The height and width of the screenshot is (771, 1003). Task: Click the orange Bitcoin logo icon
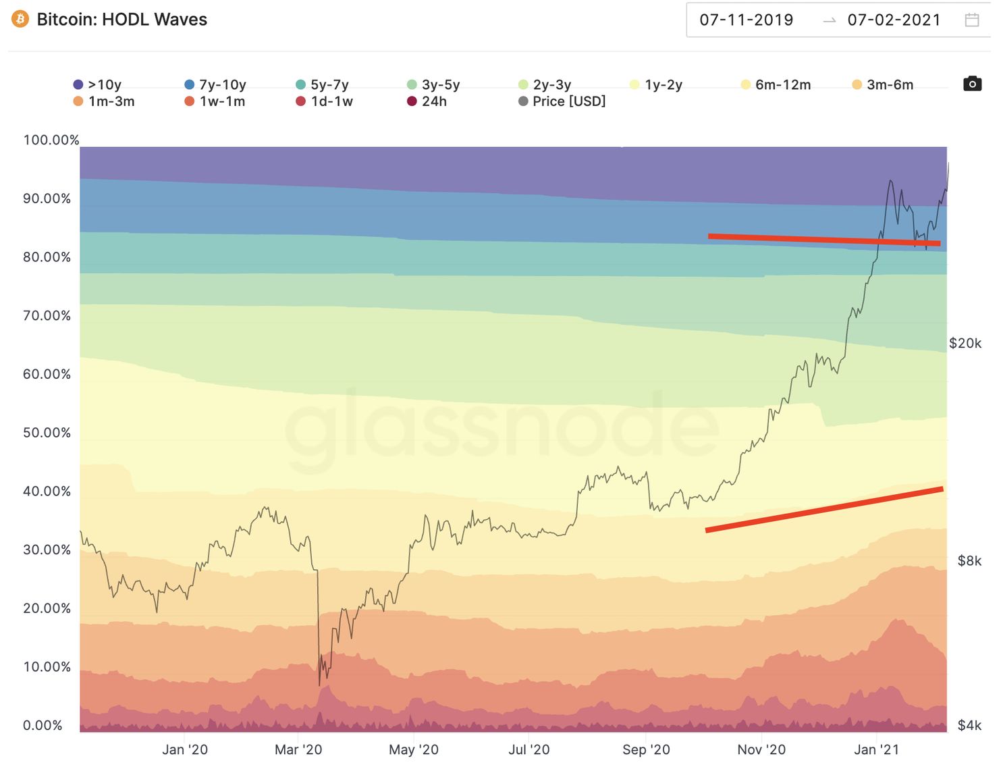pyautogui.click(x=20, y=19)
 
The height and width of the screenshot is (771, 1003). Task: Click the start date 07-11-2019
pyautogui.click(x=746, y=20)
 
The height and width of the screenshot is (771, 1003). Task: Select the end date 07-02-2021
pyautogui.click(x=894, y=20)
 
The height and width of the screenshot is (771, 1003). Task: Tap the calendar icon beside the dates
pyautogui.click(x=972, y=20)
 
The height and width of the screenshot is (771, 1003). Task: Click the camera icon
pyautogui.click(x=972, y=84)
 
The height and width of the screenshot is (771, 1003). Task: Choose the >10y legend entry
pyautogui.click(x=98, y=84)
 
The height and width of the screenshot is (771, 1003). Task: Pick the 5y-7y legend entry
pyautogui.click(x=323, y=84)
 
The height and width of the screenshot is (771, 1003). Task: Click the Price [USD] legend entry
pyautogui.click(x=562, y=101)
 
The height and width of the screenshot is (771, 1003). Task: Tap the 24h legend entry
pyautogui.click(x=427, y=101)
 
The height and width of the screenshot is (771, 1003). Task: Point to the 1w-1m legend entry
pyautogui.click(x=215, y=101)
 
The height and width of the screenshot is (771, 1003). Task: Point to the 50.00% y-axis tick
pyautogui.click(x=47, y=433)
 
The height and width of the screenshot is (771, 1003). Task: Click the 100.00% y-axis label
pyautogui.click(x=51, y=140)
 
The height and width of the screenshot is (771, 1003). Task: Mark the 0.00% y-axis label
pyautogui.click(x=43, y=725)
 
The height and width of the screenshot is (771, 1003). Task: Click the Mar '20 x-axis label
pyautogui.click(x=298, y=749)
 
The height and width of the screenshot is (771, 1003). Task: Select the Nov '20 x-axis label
pyautogui.click(x=761, y=749)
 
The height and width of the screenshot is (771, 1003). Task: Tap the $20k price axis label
pyautogui.click(x=965, y=343)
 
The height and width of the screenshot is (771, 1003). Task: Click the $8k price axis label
pyautogui.click(x=969, y=560)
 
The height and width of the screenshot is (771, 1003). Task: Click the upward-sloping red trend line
pyautogui.click(x=823, y=510)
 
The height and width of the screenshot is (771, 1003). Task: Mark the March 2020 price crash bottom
pyautogui.click(x=319, y=685)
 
